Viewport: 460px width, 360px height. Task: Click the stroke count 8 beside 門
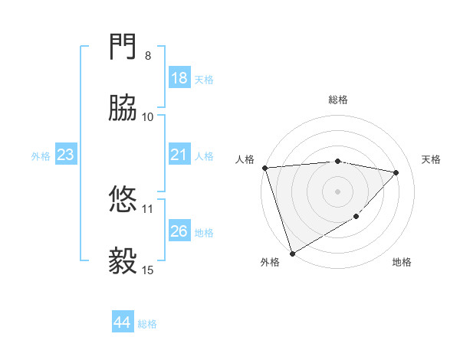point(148,56)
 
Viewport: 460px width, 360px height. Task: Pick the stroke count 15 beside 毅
point(148,270)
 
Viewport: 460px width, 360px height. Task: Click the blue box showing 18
point(179,78)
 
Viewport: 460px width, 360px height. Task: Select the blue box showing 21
point(179,155)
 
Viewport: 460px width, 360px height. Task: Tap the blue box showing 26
point(179,231)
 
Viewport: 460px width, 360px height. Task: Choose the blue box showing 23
point(66,155)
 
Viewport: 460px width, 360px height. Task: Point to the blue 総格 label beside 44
point(147,324)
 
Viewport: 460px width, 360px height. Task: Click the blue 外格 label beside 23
point(41,156)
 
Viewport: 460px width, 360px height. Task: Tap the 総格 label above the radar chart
point(338,100)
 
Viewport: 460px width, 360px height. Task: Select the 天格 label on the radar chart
point(432,159)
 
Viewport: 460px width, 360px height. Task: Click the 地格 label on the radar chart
point(402,262)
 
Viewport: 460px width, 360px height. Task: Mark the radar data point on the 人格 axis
point(264,168)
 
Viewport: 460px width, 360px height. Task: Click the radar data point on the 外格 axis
point(292,253)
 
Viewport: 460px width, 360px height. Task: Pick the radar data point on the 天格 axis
point(396,172)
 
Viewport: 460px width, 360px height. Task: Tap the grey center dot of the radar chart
point(337,191)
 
